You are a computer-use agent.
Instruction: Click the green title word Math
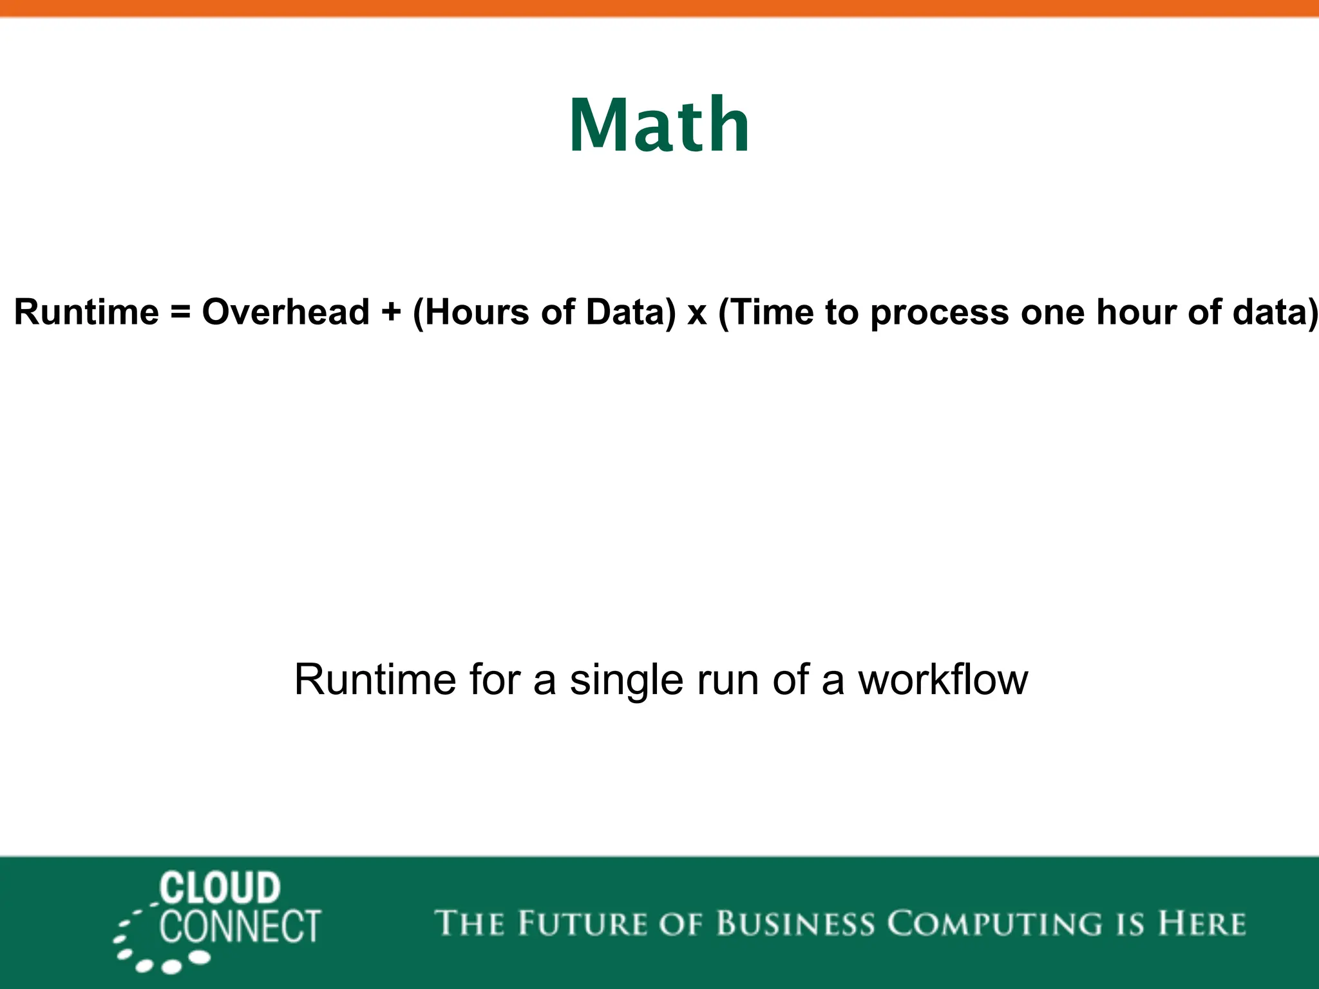(659, 125)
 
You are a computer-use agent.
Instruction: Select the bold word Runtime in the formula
(86, 312)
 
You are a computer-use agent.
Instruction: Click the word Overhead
(285, 312)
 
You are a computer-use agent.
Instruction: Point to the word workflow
(943, 680)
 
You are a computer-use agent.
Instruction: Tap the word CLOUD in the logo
(220, 888)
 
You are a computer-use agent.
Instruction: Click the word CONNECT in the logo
(240, 927)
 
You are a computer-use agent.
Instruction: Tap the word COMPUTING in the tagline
(996, 925)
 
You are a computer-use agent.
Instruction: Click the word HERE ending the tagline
(1201, 923)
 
